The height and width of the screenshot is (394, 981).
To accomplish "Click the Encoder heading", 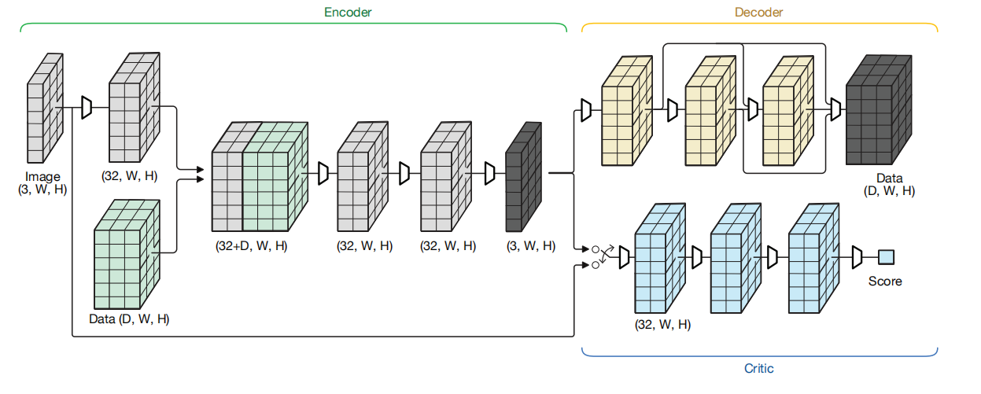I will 349,13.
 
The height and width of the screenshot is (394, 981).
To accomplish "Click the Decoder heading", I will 758,13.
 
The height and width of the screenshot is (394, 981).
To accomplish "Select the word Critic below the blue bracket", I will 758,368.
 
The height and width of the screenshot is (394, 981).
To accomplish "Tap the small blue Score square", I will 887,256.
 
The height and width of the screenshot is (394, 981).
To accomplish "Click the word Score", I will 885,281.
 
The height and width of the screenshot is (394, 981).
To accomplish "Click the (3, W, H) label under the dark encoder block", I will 531,246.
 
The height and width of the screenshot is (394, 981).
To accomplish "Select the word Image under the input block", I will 42,177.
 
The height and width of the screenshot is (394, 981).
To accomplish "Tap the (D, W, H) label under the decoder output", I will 889,191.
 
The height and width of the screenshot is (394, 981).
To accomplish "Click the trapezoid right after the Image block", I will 87,109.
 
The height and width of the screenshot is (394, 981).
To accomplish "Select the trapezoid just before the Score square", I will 857,256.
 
